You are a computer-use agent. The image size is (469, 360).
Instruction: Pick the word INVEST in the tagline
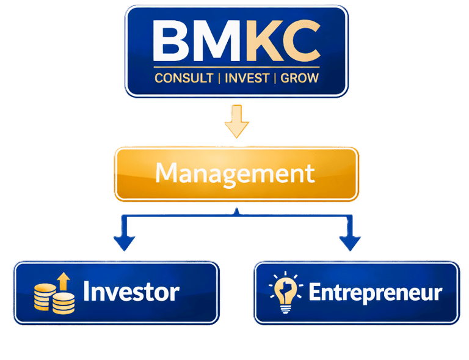click(247, 79)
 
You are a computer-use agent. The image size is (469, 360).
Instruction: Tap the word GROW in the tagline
click(299, 79)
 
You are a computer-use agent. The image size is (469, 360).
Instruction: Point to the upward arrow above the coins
click(64, 282)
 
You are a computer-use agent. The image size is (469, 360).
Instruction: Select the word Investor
click(131, 292)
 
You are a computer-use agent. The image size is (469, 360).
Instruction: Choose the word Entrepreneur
click(375, 292)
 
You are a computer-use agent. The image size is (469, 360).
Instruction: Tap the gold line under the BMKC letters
click(237, 65)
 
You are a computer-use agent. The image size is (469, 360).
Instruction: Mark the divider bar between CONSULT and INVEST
click(219, 79)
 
